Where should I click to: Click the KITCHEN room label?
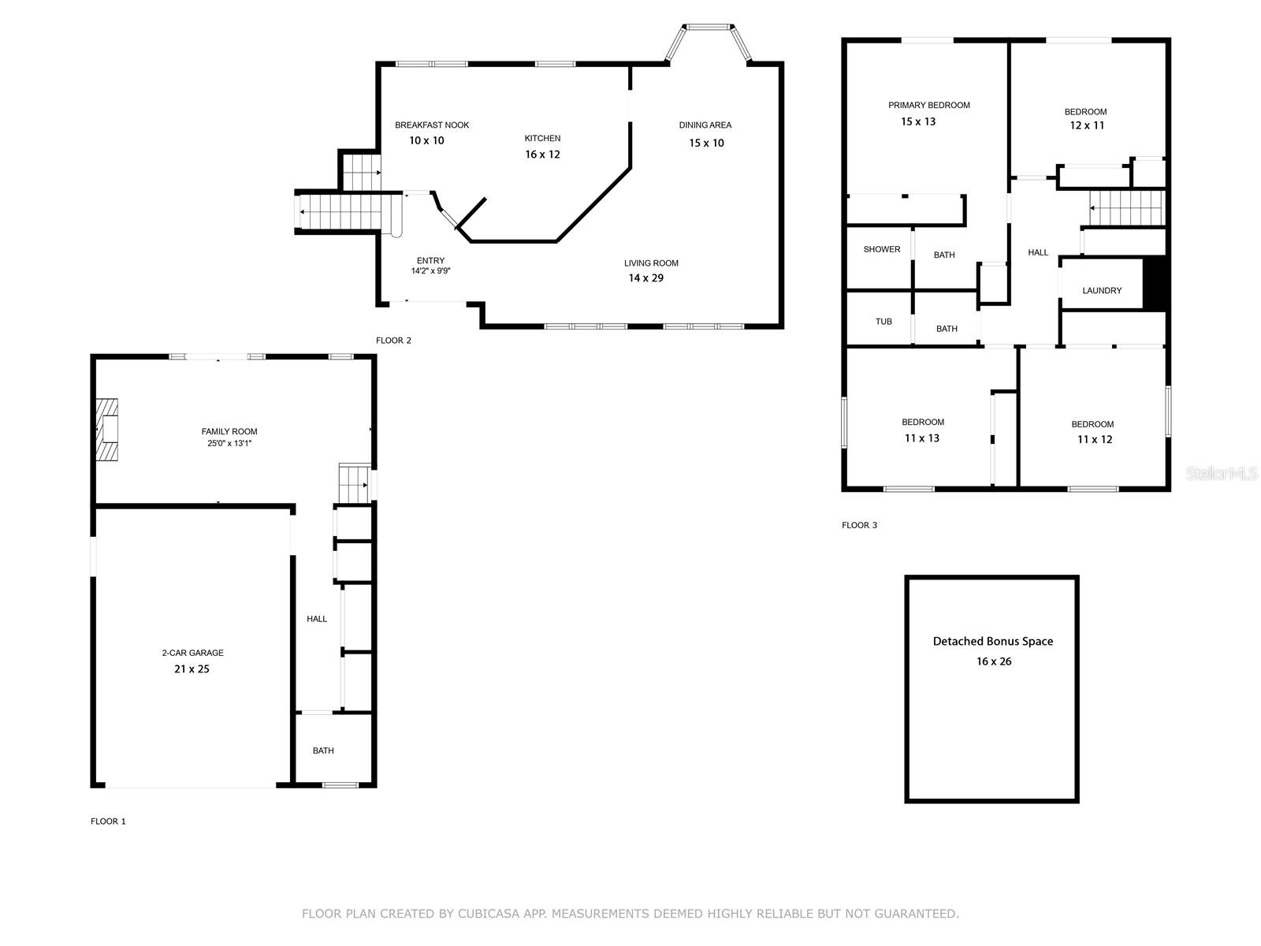point(541,139)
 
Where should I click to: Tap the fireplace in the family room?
point(107,429)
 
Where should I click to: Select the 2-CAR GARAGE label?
point(192,653)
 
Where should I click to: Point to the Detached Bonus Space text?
point(992,642)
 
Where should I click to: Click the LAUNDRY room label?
point(1101,291)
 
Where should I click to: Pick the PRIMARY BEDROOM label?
point(928,105)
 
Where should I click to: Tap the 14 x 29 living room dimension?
point(645,278)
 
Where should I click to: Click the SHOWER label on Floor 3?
point(881,249)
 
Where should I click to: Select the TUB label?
point(883,322)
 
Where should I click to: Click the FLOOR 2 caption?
point(393,341)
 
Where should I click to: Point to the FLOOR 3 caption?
point(859,525)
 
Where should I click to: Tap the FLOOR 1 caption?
point(108,821)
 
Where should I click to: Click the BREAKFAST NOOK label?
point(431,125)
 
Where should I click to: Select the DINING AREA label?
point(705,125)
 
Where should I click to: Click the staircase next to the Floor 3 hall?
point(1126,208)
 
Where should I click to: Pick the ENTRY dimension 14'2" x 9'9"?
point(430,271)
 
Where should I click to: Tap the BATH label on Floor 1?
point(323,750)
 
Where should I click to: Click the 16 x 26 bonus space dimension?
point(993,661)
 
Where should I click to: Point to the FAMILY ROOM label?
point(229,431)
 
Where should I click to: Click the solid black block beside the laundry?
point(1154,282)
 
